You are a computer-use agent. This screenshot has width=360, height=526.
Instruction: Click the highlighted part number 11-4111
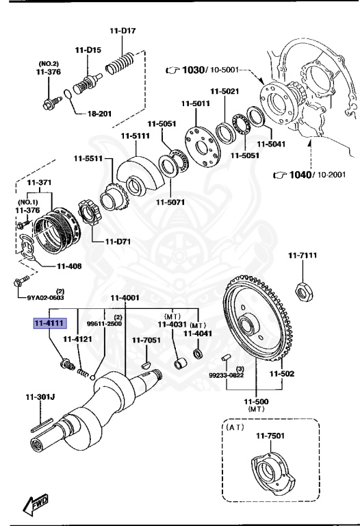(x=50, y=323)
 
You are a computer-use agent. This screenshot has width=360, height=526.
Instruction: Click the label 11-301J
(x=40, y=397)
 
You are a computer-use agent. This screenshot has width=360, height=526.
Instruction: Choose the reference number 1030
(x=194, y=70)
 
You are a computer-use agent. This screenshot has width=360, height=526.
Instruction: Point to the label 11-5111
(x=135, y=136)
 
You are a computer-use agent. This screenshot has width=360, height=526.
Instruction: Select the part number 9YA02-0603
(x=46, y=297)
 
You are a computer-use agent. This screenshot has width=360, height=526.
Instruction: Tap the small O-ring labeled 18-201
(x=65, y=95)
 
